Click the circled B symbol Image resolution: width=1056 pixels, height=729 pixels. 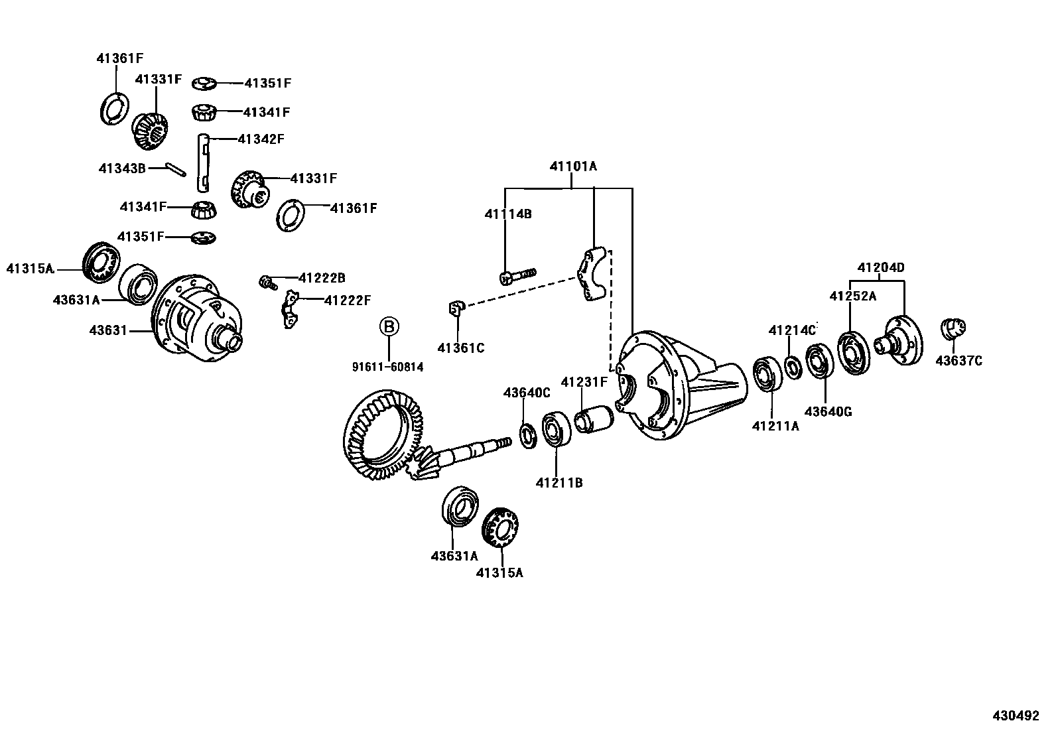pos(389,326)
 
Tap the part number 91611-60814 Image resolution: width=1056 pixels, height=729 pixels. pos(389,367)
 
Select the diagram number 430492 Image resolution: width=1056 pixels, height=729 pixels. pos(1015,716)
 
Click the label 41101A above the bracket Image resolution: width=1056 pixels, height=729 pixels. pos(572,166)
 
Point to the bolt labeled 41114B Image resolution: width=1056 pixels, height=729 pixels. pos(517,275)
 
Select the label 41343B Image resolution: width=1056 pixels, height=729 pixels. pos(121,168)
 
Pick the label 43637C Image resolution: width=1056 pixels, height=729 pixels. pos(958,361)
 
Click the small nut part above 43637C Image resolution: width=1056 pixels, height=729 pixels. pos(954,328)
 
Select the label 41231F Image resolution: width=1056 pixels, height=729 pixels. pos(584,382)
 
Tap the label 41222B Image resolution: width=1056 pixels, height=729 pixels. pos(322,278)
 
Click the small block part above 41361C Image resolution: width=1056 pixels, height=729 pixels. pos(454,308)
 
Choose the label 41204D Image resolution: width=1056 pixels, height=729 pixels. pos(880,268)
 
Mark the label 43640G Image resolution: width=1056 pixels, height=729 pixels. pos(828,412)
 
